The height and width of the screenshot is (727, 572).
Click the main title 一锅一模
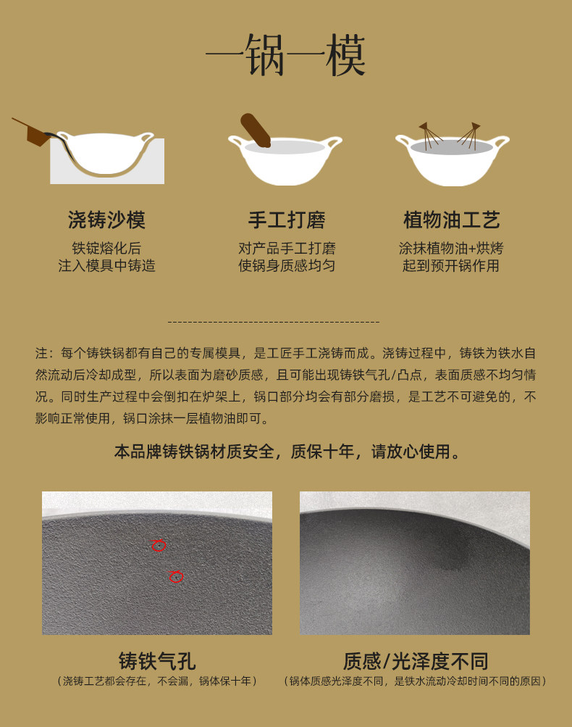pyautogui.click(x=286, y=55)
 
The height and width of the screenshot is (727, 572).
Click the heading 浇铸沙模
pyautogui.click(x=106, y=220)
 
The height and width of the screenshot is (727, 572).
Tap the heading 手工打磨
pyautogui.click(x=287, y=220)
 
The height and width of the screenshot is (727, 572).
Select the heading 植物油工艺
pyautogui.click(x=452, y=220)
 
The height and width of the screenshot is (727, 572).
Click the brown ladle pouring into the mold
pyautogui.click(x=35, y=131)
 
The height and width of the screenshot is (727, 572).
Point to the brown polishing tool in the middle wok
pyautogui.click(x=255, y=130)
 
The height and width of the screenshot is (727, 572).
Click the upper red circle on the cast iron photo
pyautogui.click(x=159, y=545)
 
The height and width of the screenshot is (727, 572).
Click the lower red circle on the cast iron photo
pyautogui.click(x=176, y=576)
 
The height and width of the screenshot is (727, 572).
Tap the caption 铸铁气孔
pyautogui.click(x=157, y=661)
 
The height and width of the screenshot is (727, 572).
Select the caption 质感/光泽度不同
pyautogui.click(x=416, y=661)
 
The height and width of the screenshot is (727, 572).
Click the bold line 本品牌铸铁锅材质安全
pyautogui.click(x=195, y=452)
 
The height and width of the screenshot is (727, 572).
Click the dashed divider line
pyautogui.click(x=273, y=322)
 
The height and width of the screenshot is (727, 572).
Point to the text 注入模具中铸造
pyautogui.click(x=106, y=266)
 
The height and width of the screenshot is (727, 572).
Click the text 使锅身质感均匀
pyautogui.click(x=287, y=266)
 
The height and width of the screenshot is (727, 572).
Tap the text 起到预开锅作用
pyautogui.click(x=450, y=266)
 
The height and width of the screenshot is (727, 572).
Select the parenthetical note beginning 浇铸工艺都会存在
pyautogui.click(x=157, y=681)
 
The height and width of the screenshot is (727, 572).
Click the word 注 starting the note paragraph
pyautogui.click(x=41, y=353)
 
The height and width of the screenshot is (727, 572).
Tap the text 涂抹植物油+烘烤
pyautogui.click(x=450, y=248)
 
